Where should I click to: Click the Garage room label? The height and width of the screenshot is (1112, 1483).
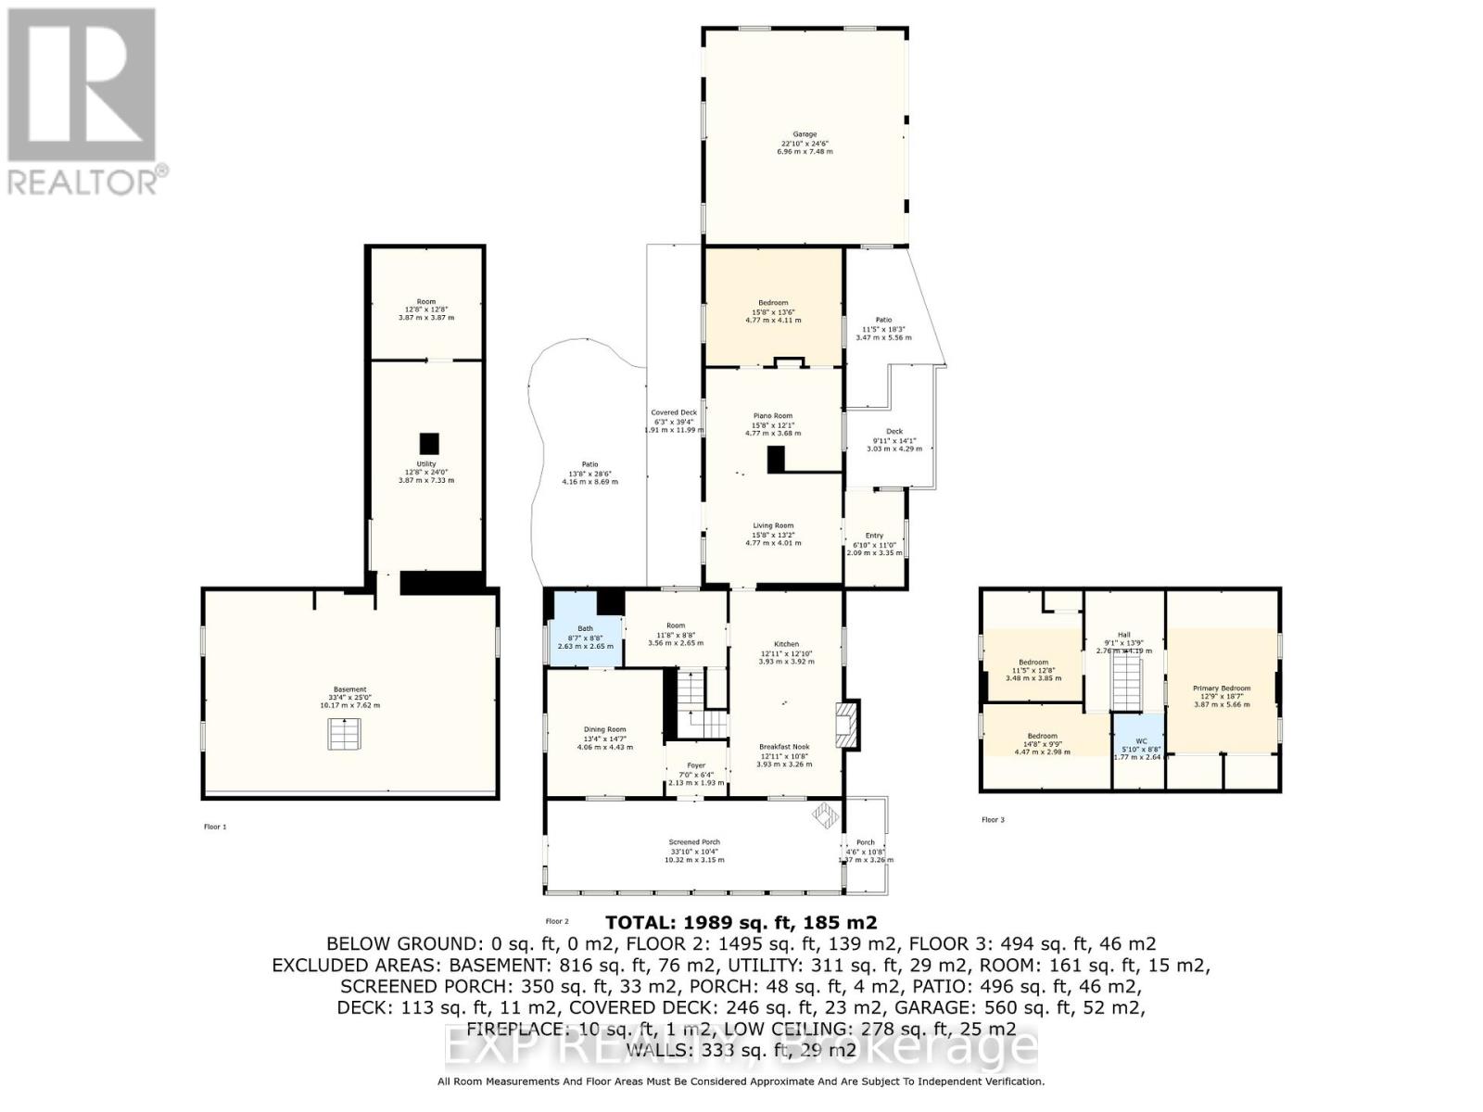(x=805, y=134)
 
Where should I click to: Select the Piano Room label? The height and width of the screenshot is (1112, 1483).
(x=773, y=416)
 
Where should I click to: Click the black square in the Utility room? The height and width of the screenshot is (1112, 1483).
(x=428, y=443)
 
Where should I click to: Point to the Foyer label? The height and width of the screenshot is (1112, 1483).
(x=696, y=765)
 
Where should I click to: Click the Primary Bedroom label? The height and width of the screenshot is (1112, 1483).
(x=1222, y=689)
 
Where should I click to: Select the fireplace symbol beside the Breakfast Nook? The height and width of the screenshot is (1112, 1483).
(x=846, y=724)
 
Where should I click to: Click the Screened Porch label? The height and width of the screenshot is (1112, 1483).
(x=694, y=842)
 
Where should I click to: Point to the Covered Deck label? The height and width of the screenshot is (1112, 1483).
(x=674, y=412)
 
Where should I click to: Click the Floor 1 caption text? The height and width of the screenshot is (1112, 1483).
(x=215, y=827)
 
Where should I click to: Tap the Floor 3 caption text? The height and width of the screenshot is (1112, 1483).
(x=993, y=819)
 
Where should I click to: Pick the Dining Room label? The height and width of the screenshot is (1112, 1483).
(x=604, y=729)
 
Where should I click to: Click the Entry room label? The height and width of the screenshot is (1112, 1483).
(x=874, y=536)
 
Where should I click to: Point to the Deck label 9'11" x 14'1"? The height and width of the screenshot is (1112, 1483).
(x=894, y=432)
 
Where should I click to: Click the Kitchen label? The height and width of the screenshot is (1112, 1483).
(x=786, y=644)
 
